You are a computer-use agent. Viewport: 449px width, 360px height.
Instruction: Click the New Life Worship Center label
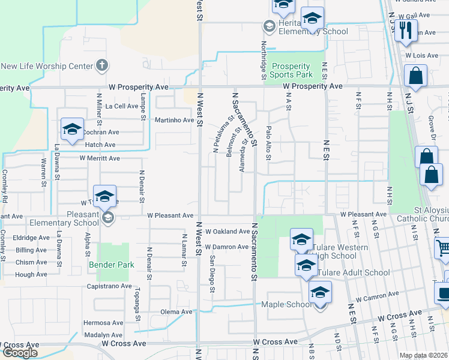pyautogui.click(x=46, y=66)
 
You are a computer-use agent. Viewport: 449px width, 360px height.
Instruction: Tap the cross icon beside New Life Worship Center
pyautogui.click(x=102, y=64)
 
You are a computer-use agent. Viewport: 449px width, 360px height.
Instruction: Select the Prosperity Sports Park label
pyautogui.click(x=291, y=71)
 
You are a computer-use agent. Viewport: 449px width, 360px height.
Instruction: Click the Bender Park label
pyautogui.click(x=112, y=264)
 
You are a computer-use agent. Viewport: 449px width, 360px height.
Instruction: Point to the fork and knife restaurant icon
pyautogui.click(x=406, y=31)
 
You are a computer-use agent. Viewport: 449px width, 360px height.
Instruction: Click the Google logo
pyautogui.click(x=20, y=353)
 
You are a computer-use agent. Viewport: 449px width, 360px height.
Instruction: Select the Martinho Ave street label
pyautogui.click(x=175, y=120)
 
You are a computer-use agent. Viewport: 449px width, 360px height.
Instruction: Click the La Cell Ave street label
pyautogui.click(x=122, y=106)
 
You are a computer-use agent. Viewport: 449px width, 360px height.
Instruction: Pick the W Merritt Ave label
pyautogui.click(x=100, y=158)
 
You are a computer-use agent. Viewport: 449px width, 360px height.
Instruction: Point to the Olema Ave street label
pyautogui.click(x=176, y=312)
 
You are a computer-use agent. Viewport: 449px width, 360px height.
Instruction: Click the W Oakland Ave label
pyautogui.click(x=227, y=231)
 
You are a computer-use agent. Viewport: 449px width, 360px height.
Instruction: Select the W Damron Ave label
pyautogui.click(x=226, y=247)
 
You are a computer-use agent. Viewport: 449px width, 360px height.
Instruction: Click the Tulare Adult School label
pyautogui.click(x=354, y=272)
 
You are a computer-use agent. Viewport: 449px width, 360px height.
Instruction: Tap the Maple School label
pyautogui.click(x=284, y=305)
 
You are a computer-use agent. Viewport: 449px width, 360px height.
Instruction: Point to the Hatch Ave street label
pyautogui.click(x=100, y=145)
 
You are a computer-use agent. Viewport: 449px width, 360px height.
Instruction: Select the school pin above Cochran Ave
pyautogui.click(x=71, y=129)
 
